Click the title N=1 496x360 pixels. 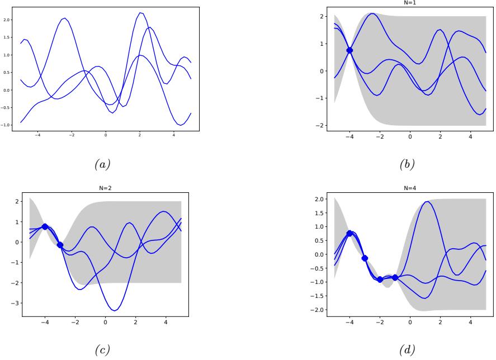(410, 3)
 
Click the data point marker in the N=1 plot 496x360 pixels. (349, 50)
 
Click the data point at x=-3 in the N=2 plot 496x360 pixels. (60, 245)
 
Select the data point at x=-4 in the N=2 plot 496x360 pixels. (45, 226)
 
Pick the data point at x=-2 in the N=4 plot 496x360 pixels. (380, 279)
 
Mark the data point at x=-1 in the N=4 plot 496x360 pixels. (395, 277)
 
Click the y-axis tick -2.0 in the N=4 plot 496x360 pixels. (319, 310)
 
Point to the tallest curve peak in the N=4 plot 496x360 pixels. (427, 202)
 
